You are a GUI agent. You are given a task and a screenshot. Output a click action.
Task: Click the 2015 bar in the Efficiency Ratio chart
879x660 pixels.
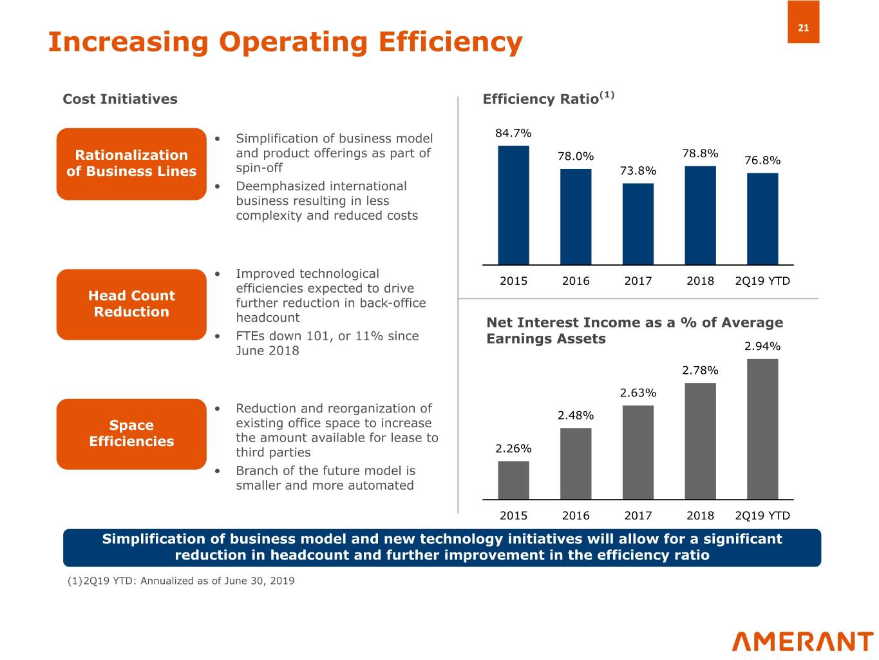(x=513, y=205)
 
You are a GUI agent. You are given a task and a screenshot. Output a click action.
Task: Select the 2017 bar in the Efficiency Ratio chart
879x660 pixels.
(x=638, y=224)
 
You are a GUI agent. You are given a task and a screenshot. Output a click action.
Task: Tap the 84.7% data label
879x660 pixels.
(x=513, y=133)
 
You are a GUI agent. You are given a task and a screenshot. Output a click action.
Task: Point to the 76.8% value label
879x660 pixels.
(x=762, y=160)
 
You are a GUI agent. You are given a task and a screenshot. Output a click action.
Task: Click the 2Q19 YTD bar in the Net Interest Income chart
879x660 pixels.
(x=762, y=429)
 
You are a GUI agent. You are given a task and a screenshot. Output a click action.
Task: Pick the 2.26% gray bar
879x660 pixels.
(x=513, y=480)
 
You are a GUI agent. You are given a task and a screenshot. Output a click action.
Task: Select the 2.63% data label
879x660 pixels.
(x=638, y=393)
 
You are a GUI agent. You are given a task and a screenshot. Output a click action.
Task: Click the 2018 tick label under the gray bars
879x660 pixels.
(x=700, y=516)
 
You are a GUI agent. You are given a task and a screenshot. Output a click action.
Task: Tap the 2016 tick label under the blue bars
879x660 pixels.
(x=576, y=281)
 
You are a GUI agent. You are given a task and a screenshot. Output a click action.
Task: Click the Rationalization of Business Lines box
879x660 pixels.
(x=131, y=164)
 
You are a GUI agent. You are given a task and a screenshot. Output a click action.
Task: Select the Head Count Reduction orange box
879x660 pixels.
(x=131, y=304)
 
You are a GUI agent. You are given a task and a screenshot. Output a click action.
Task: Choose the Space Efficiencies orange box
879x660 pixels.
(x=131, y=434)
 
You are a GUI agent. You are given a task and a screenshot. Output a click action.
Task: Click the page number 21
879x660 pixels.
(x=803, y=28)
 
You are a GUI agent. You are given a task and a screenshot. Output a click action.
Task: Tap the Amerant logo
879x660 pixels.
(x=802, y=642)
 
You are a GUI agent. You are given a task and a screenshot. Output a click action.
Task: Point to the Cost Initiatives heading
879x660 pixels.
(x=120, y=99)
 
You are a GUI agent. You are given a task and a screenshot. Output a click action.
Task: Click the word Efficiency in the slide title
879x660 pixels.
(x=450, y=42)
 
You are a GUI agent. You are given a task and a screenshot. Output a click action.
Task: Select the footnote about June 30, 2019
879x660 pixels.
(x=181, y=581)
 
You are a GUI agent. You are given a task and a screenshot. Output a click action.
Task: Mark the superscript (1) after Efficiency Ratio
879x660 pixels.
(x=607, y=95)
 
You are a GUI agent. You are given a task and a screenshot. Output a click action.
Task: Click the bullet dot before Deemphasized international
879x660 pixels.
(x=218, y=186)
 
